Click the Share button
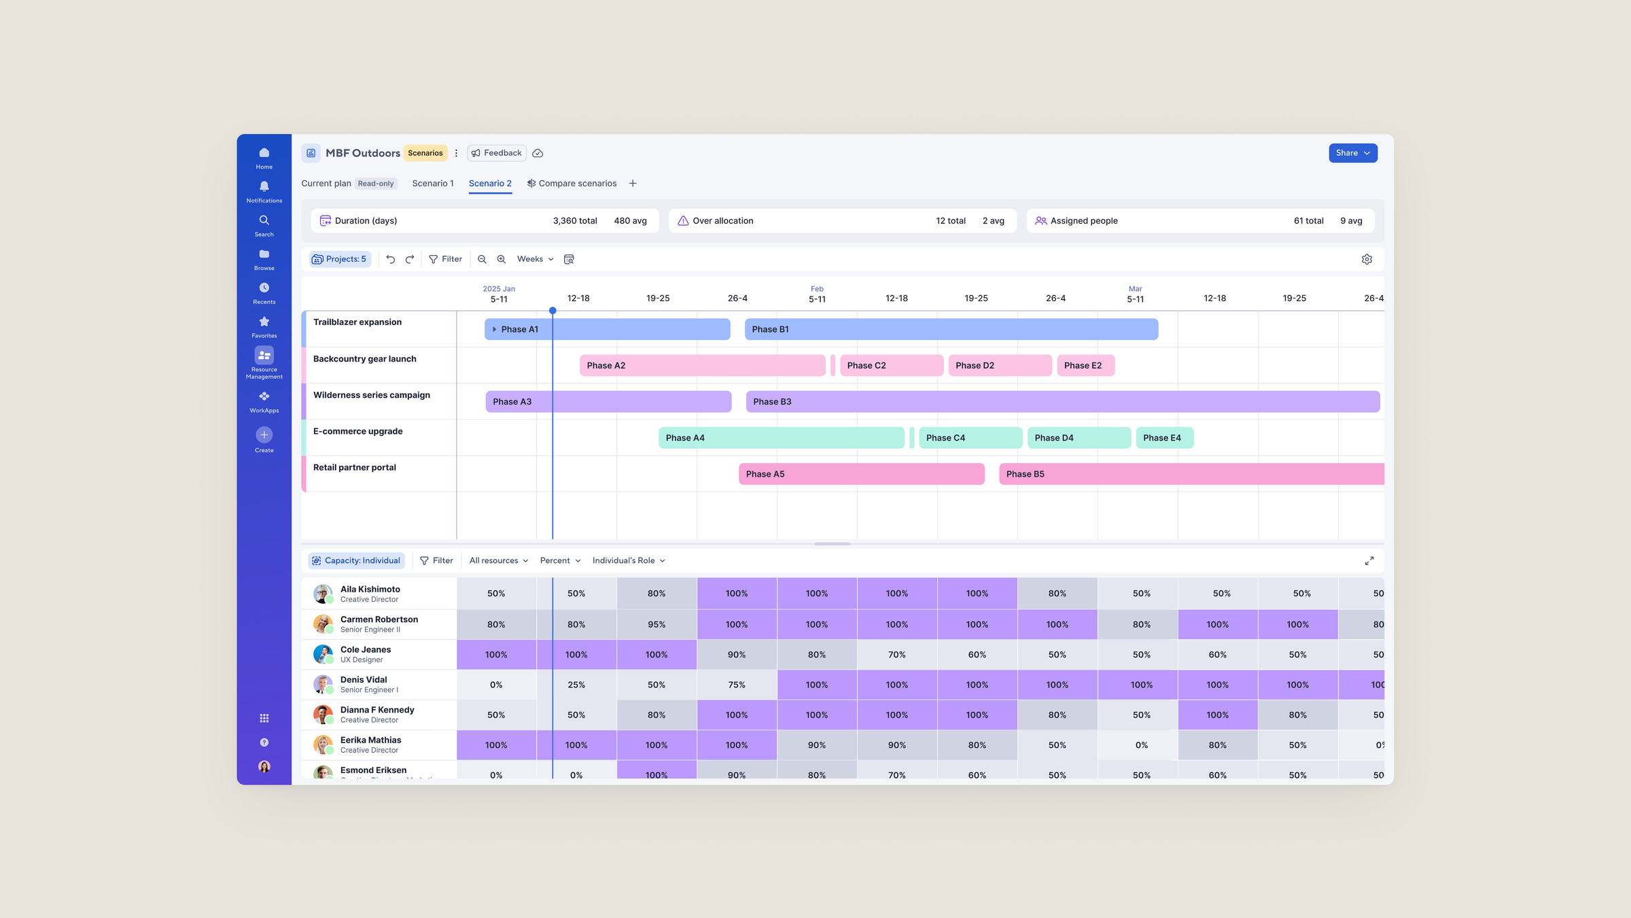pyautogui.click(x=1352, y=153)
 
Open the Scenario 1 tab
pyautogui.click(x=433, y=184)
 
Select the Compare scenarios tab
pyautogui.click(x=572, y=184)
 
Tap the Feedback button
pyautogui.click(x=497, y=153)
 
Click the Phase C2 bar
pyautogui.click(x=892, y=366)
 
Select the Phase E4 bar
pyautogui.click(x=1165, y=438)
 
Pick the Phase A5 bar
pyautogui.click(x=862, y=474)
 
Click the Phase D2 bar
pyautogui.click(x=1000, y=366)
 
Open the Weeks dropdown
pyautogui.click(x=536, y=259)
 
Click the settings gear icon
pyautogui.click(x=1367, y=259)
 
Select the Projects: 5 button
pyautogui.click(x=340, y=259)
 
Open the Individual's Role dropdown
pyautogui.click(x=629, y=561)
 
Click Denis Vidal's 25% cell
pyautogui.click(x=576, y=685)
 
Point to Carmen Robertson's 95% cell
pyautogui.click(x=656, y=624)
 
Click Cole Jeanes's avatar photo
pyautogui.click(x=323, y=654)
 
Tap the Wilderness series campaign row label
pyautogui.click(x=372, y=395)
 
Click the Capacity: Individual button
pyautogui.click(x=357, y=561)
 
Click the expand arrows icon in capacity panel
pyautogui.click(x=1369, y=561)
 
